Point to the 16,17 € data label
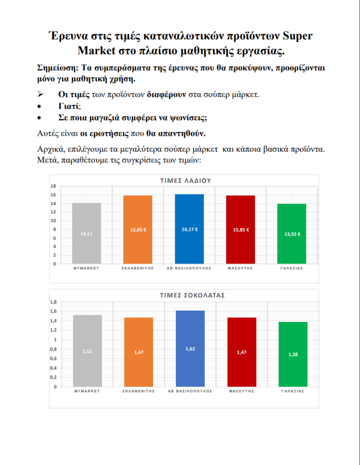(189, 229)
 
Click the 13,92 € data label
(292, 234)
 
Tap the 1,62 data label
(189, 348)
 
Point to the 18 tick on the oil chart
(53, 186)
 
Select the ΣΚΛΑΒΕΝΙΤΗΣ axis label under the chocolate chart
(138, 391)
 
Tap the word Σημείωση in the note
(56, 68)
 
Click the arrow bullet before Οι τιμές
(40, 95)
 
